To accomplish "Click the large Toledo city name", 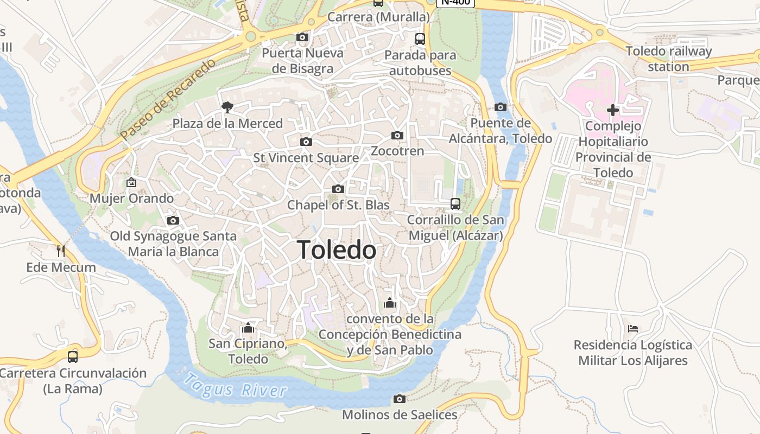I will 337,250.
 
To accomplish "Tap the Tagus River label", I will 235,386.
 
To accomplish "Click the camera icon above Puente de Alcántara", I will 501,107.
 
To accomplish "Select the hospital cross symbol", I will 613,110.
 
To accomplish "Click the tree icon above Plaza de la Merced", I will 227,107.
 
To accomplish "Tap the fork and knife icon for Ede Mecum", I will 61,251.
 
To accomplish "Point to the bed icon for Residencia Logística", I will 633,328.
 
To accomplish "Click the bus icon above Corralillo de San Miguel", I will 455,204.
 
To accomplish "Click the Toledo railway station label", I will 668,59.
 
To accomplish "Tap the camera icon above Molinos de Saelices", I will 400,399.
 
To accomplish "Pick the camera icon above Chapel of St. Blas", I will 338,189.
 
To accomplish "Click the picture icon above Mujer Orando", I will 131,182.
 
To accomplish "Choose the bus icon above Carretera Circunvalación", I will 73,356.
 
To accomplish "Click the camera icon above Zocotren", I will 397,135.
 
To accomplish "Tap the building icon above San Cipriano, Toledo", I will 248,328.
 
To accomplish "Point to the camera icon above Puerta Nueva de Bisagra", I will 302,37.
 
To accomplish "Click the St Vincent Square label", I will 306,158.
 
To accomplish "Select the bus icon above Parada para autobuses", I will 420,39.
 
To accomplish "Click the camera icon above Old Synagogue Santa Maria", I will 173,220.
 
